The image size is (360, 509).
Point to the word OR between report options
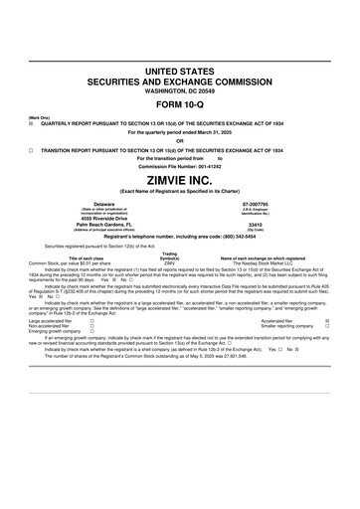pos(180,137)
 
